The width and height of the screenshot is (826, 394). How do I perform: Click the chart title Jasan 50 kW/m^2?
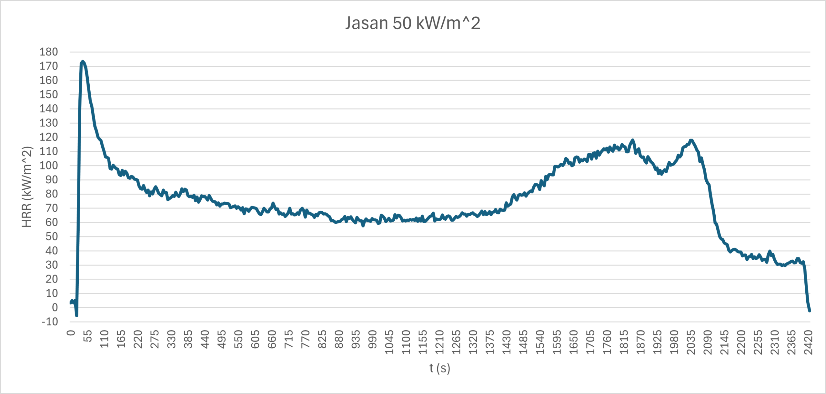tap(413, 23)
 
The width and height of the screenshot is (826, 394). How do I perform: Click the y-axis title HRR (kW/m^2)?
tap(27, 187)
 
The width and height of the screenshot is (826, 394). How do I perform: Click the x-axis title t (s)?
tap(439, 368)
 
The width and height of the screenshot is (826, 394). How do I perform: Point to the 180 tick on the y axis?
tap(49, 52)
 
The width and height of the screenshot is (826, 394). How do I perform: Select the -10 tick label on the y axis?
tap(50, 322)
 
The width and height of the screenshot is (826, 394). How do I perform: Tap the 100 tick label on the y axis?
tap(49, 166)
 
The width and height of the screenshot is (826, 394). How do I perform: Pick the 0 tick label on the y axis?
tap(55, 307)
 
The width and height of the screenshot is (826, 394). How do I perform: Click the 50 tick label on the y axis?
tap(52, 236)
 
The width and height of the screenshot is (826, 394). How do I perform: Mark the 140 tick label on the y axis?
tap(49, 109)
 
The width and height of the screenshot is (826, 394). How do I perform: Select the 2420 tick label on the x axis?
tap(808, 342)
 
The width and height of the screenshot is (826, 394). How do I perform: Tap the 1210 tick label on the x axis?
tap(439, 342)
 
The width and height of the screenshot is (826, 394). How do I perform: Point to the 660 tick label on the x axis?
tap(272, 339)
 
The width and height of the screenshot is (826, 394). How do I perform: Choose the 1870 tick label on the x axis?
tap(640, 342)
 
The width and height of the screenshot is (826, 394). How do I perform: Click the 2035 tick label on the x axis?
tap(691, 342)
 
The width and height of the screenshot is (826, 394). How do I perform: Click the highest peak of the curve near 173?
tap(83, 61)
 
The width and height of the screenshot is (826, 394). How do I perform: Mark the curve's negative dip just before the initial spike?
tap(76, 315)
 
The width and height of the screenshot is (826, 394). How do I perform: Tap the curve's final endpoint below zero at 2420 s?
tap(810, 311)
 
